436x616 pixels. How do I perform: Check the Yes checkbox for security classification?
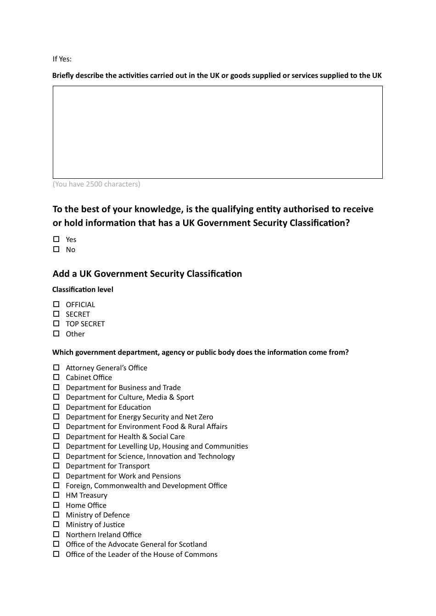point(56,239)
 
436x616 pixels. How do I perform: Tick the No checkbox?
point(56,249)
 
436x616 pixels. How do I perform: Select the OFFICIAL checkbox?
point(56,304)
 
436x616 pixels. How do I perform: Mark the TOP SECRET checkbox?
point(56,324)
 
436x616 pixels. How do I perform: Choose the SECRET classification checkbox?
point(56,314)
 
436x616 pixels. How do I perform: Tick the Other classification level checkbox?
point(56,334)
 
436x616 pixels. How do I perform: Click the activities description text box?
point(218,132)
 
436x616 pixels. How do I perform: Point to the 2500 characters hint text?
point(96,184)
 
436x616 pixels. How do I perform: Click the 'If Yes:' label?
point(62,59)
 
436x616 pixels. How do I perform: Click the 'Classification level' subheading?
point(83,290)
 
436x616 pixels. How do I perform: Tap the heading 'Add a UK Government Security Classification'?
point(147,274)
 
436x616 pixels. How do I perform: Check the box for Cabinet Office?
point(56,377)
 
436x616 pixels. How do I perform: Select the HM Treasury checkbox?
point(56,495)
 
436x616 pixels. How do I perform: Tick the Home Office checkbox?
point(56,505)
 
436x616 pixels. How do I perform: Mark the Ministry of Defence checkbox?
point(56,515)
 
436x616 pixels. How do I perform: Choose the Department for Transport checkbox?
point(56,466)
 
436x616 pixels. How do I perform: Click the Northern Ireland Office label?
point(103,534)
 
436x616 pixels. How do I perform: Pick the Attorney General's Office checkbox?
point(56,368)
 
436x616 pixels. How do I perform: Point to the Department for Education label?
point(108,407)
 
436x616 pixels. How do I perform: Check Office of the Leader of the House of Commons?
point(56,554)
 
